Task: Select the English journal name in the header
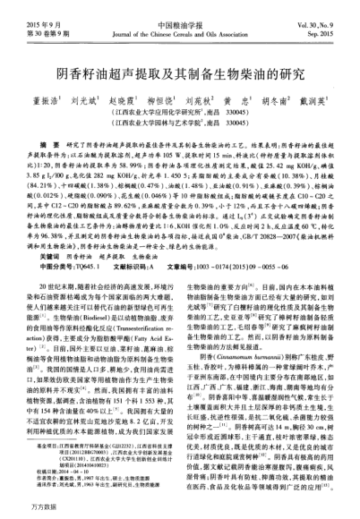point(179,25)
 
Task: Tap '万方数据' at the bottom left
point(26,508)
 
